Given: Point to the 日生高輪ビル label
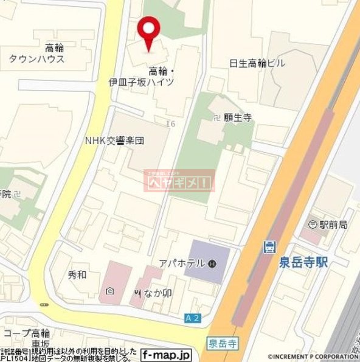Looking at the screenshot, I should coord(257,63).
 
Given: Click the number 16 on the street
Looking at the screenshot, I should coord(170,124).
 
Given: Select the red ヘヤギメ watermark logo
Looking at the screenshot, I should coord(179,181).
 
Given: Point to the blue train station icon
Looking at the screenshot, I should coord(268,247).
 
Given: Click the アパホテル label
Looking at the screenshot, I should coord(190,263).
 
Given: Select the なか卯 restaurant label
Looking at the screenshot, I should coord(156,293).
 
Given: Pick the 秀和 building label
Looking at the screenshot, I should coord(77,274).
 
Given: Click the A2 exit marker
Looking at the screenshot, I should coord(192,318).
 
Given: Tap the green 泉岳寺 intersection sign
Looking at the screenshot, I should coord(224,344).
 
